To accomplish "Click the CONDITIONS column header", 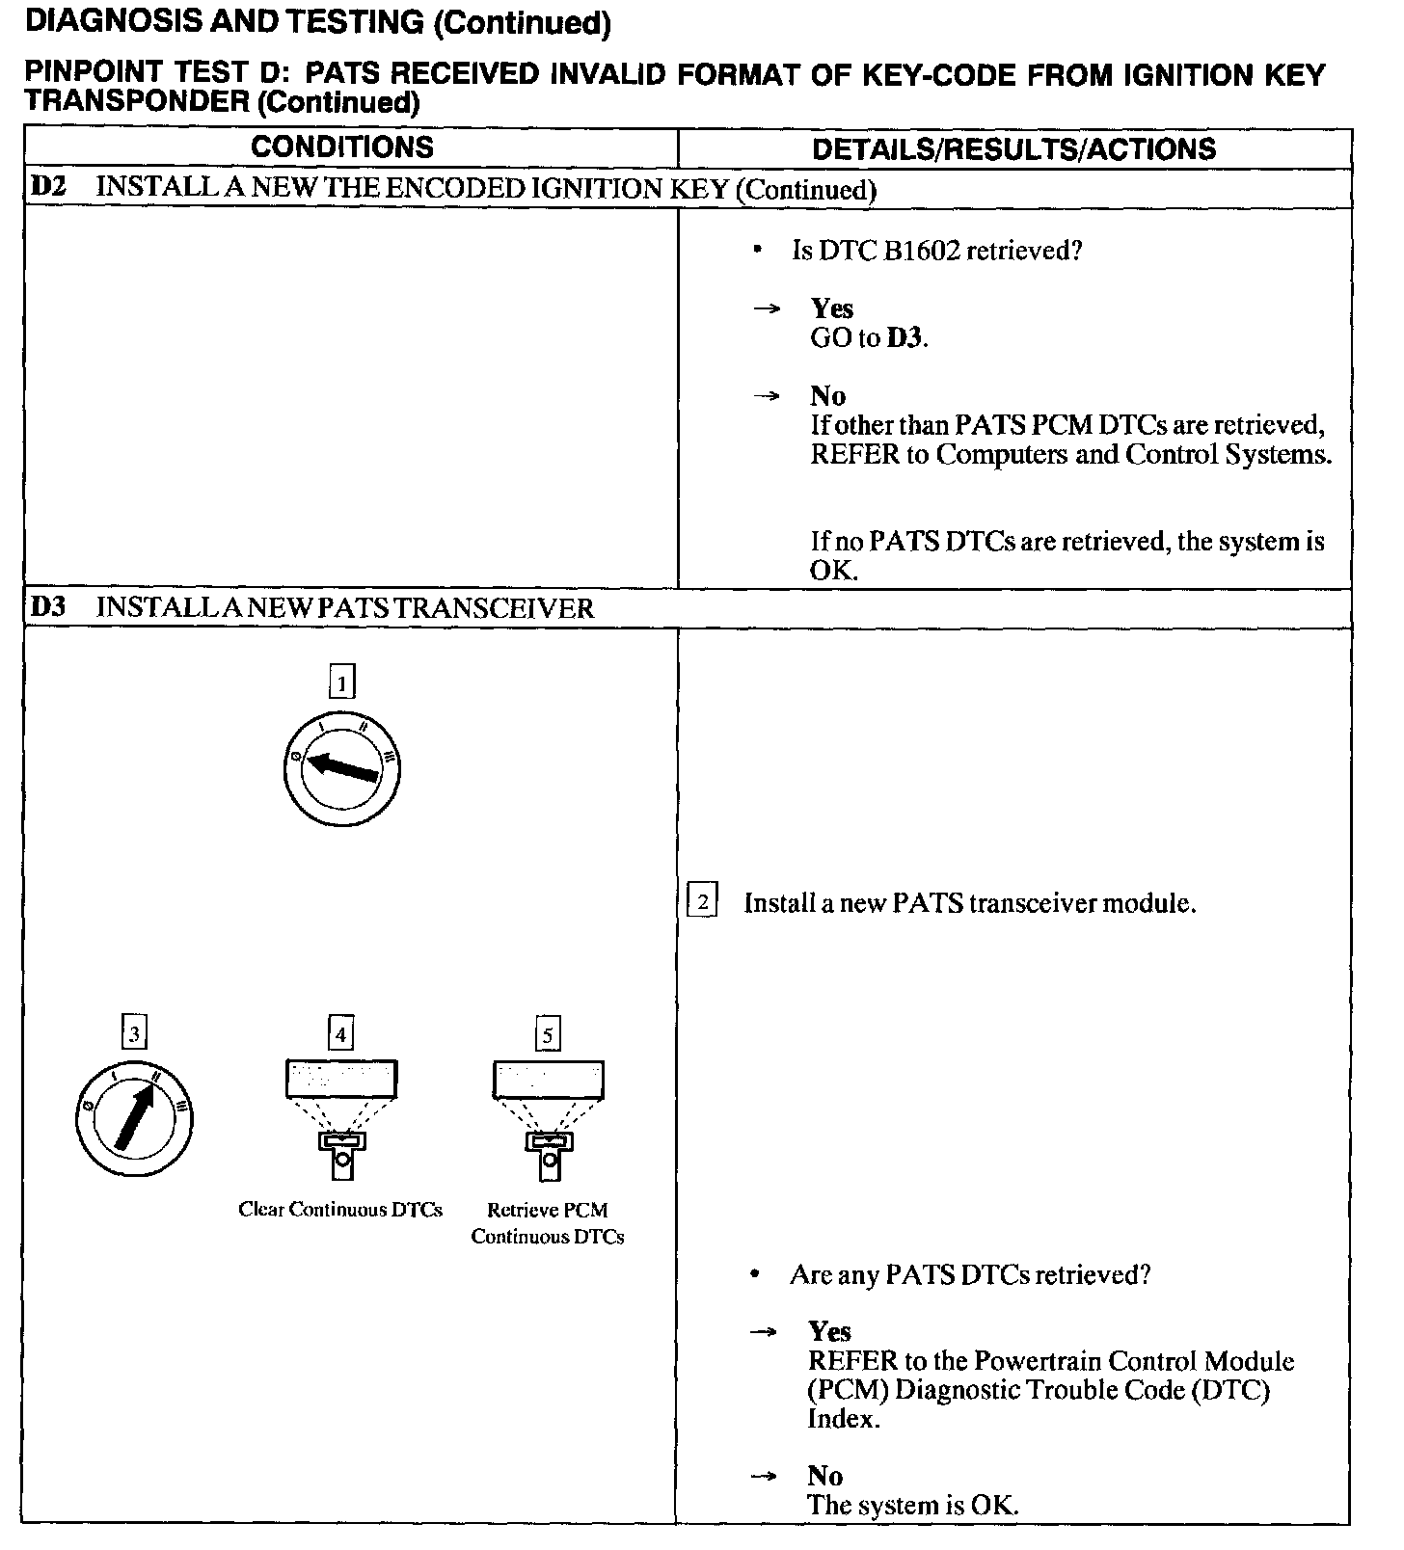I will (342, 147).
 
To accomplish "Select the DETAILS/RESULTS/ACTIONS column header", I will (1014, 149).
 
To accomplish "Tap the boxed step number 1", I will (342, 683).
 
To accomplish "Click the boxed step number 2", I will (702, 902).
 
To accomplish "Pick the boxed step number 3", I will (134, 1034).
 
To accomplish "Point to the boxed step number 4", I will (340, 1034).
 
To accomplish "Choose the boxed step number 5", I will (548, 1035).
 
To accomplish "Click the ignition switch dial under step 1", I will (341, 768).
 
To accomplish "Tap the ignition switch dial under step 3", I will (134, 1118).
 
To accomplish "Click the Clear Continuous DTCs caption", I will (340, 1210).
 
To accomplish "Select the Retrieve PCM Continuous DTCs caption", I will (548, 1223).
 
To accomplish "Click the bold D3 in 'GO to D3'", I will (904, 338).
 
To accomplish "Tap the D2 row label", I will (48, 187).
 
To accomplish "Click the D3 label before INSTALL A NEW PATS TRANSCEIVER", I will (48, 608).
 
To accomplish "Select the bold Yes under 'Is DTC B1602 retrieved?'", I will (832, 308).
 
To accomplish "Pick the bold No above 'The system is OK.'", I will (825, 1476).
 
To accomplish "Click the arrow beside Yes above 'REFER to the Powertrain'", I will (763, 1332).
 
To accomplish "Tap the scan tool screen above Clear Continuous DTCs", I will (341, 1079).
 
